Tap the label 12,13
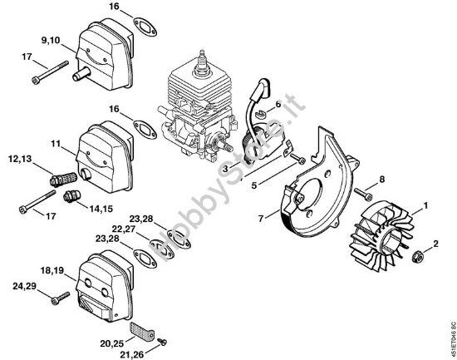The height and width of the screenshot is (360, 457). coord(22,158)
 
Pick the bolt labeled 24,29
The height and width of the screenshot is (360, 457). coord(59,297)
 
